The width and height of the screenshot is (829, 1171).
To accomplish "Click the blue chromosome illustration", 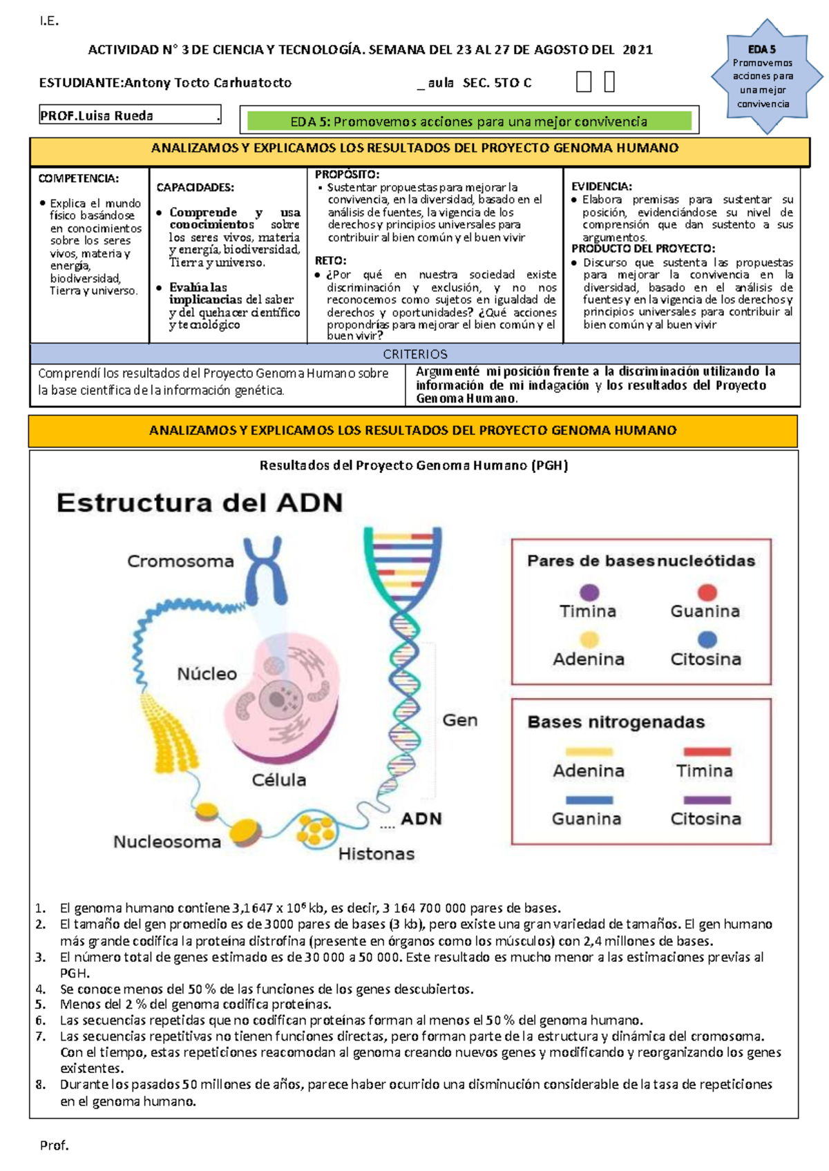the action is point(265,570).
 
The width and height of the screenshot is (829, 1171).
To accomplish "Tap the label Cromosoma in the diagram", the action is point(180,561).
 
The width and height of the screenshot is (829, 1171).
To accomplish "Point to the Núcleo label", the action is point(207,673).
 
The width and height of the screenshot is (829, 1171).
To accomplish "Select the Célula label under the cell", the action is point(278,780).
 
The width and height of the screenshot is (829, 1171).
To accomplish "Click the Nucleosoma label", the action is point(167,842).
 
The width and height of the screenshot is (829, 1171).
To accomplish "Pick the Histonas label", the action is point(377,854).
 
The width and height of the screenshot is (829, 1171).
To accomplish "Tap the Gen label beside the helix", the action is point(460,720).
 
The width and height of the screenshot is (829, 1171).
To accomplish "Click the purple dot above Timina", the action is point(589,592).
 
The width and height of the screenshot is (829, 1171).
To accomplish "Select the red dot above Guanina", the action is point(707,592).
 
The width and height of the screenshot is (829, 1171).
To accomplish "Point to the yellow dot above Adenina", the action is point(589,639).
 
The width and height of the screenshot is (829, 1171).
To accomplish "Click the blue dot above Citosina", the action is point(707,639).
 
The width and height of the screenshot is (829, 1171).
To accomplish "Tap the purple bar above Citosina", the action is point(707,800).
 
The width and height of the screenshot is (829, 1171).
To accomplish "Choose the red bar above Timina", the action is point(707,752).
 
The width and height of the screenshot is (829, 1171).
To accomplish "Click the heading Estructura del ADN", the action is point(200,503).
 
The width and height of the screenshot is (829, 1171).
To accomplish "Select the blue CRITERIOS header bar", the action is point(415,354).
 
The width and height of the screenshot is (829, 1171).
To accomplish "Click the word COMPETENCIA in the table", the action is point(78,179).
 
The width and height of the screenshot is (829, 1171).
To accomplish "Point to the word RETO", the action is point(330,260).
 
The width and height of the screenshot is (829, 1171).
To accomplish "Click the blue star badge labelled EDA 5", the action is point(763,76).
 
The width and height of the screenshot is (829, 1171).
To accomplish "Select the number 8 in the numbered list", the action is point(41,1085).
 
